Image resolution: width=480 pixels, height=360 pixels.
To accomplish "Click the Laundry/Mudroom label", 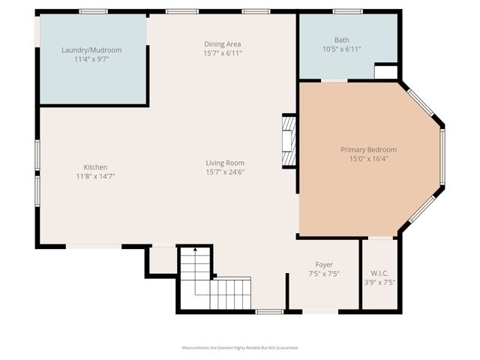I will (x=91, y=50).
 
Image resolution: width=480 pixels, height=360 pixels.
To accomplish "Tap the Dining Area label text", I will (x=223, y=44).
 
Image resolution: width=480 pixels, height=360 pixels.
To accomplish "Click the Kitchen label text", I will (x=94, y=167).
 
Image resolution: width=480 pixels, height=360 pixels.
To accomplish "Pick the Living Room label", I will (x=226, y=163).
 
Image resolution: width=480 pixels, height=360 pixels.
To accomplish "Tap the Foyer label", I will (x=324, y=265).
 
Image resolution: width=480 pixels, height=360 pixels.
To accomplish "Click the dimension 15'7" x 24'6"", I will (x=226, y=172).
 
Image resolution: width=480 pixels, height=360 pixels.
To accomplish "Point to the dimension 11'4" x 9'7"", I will (x=91, y=59).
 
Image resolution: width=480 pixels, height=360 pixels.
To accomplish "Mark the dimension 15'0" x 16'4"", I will (x=368, y=159).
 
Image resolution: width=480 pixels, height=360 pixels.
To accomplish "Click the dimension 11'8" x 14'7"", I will (x=94, y=176).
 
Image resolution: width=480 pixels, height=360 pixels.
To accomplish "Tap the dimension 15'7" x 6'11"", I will (x=223, y=53).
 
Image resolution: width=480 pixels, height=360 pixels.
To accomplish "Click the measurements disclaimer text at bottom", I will (x=240, y=348).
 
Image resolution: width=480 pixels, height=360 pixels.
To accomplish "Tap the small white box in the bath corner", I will (x=385, y=72).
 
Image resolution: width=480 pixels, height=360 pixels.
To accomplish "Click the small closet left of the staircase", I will (x=162, y=260).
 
